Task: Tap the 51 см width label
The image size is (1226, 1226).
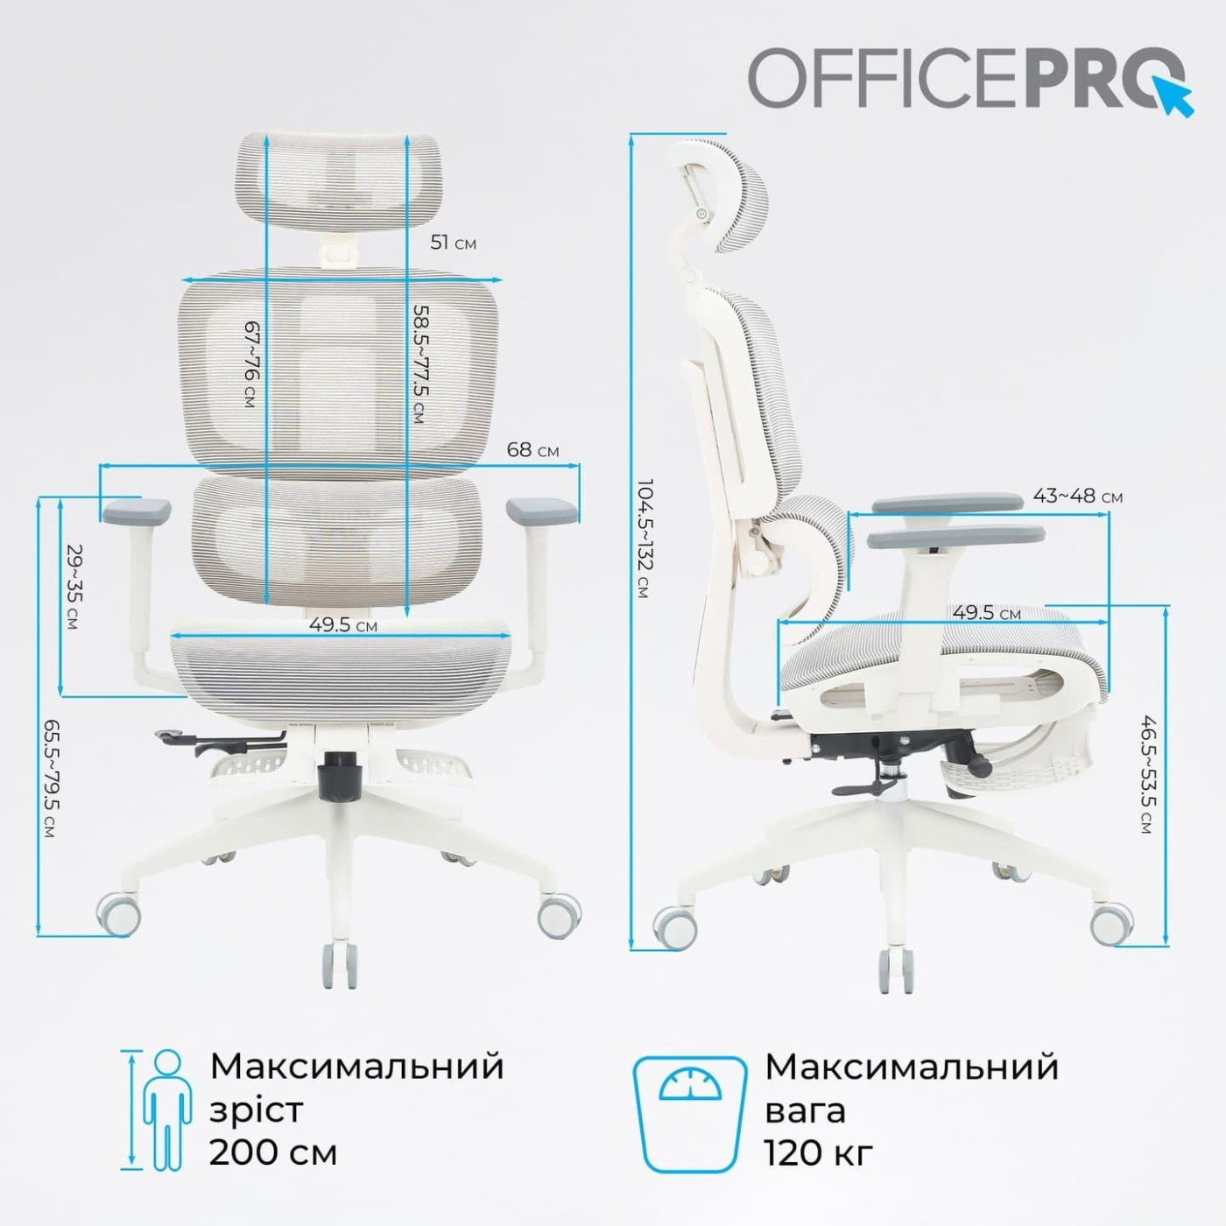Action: pos(453,243)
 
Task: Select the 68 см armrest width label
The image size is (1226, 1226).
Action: pos(532,450)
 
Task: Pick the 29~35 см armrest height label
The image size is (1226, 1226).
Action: pos(74,587)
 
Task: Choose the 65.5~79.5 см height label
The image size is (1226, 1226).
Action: pos(51,779)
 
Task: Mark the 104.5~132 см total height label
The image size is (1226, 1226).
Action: pos(644,539)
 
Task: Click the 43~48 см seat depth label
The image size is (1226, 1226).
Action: pos(1077,496)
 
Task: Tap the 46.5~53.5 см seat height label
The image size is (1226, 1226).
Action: pos(1149,774)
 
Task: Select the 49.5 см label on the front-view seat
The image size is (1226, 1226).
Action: pos(343,625)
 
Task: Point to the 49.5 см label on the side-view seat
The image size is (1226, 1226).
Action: pos(986,612)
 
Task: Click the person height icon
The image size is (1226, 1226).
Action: pos(166,1110)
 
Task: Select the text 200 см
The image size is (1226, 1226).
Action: pos(273,1152)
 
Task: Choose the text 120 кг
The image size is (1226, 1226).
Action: pos(819,1152)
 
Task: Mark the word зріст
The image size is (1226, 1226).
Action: pos(256,1110)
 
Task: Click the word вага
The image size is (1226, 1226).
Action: pos(805,1110)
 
